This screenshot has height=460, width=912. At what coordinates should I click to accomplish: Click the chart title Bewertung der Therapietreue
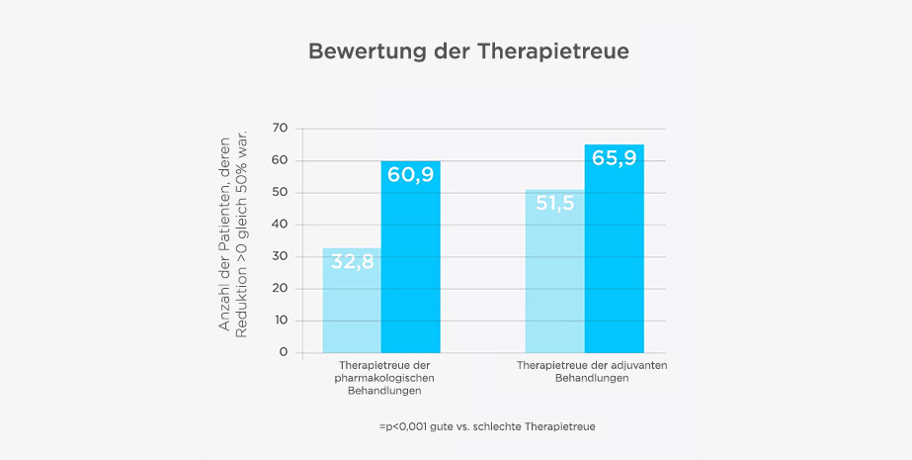pos(455,51)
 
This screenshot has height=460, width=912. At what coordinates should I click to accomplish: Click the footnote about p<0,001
pos(486,426)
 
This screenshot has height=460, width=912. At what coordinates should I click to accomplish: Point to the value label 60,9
pos(411,175)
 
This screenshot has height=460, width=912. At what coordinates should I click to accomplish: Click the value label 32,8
pos(352,262)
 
